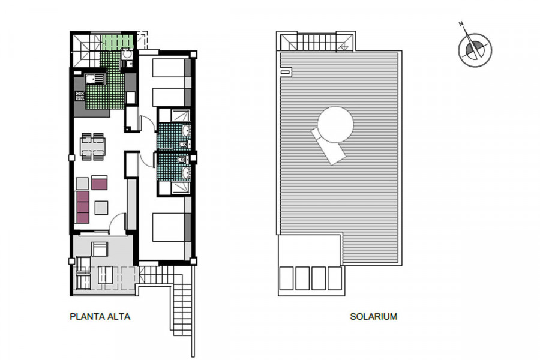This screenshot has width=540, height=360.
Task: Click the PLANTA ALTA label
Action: tap(100, 317)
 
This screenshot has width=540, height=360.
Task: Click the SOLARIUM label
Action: tap(374, 317)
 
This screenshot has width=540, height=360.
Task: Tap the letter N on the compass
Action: tap(461, 24)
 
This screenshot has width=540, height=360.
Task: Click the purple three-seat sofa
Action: tap(83, 207)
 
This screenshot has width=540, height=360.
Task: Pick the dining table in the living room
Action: tap(92, 146)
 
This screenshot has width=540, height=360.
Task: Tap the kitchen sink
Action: tap(95, 80)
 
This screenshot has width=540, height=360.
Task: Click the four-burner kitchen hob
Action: tap(80, 96)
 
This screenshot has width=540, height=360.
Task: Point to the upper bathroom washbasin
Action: tap(185, 131)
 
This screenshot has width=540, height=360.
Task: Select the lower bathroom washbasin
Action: tap(185, 173)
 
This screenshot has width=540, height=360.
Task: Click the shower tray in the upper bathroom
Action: tap(181, 116)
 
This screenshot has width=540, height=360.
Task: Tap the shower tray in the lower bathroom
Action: tap(181, 188)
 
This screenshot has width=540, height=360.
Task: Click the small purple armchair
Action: tap(99, 182)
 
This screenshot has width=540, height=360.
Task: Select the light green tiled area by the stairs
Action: tap(118, 42)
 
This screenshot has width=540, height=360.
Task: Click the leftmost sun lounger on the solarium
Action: tap(287, 278)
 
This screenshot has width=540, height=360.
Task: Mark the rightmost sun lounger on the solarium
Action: tap(334, 278)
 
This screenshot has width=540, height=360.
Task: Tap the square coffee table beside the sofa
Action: tap(101, 207)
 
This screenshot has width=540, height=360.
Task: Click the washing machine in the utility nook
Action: tap(127, 55)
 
